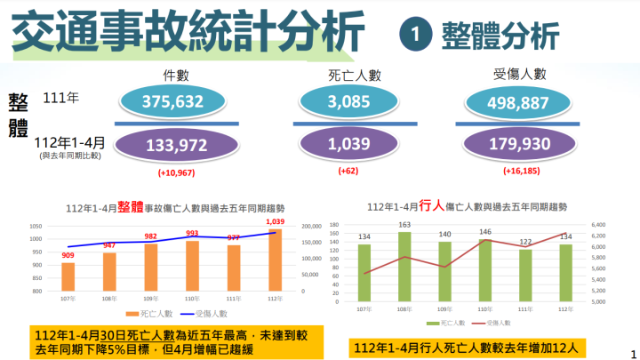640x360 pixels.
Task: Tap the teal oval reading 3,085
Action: [x=349, y=103]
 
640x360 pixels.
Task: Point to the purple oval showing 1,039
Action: [x=349, y=145]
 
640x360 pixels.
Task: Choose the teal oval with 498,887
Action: [x=524, y=103]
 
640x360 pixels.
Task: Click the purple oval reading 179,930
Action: [x=524, y=145]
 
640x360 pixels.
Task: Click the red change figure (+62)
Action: [x=348, y=171]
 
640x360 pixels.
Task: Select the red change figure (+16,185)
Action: [x=523, y=171]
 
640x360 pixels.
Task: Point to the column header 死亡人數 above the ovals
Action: [x=349, y=76]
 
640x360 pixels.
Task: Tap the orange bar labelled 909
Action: [x=68, y=276]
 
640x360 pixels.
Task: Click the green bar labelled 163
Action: [x=405, y=263]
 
